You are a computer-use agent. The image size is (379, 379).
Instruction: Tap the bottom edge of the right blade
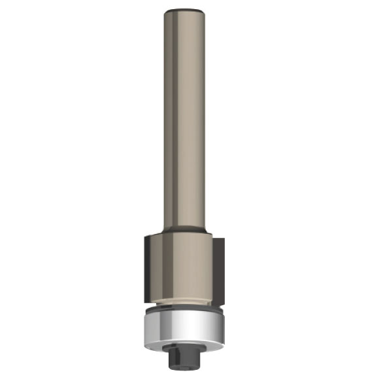[218, 293]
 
